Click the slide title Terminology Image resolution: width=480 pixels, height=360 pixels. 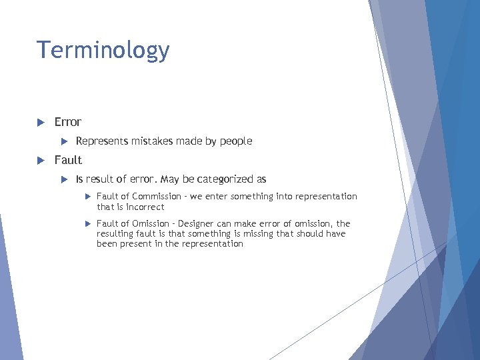click(x=103, y=50)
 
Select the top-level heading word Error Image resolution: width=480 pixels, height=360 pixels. click(x=67, y=122)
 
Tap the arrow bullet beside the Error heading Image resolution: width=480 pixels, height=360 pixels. click(x=40, y=122)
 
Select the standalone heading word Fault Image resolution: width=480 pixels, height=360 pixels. click(x=68, y=160)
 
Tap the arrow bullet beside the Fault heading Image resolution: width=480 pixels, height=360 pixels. click(x=40, y=160)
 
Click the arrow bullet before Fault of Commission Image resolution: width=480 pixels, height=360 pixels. click(x=87, y=197)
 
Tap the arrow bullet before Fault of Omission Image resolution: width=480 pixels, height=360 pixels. click(x=87, y=224)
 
